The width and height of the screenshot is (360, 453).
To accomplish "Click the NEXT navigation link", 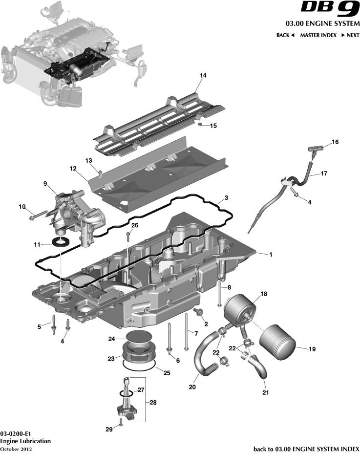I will click(350, 35).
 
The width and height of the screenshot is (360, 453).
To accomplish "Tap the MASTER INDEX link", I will click(318, 35).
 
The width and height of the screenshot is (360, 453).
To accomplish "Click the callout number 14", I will click(203, 75).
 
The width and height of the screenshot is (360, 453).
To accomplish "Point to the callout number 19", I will click(313, 349).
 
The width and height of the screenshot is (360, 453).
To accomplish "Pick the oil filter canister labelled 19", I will click(277, 344).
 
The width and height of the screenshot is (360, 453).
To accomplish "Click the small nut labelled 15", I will click(200, 126).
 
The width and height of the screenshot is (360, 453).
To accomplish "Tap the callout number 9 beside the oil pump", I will click(45, 184).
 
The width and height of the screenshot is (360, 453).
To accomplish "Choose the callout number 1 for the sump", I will click(271, 255).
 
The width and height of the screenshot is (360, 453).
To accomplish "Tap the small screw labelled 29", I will click(120, 423).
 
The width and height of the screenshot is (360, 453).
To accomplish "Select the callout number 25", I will click(167, 373).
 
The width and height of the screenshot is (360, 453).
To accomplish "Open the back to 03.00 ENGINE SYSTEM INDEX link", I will click(307, 449).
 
